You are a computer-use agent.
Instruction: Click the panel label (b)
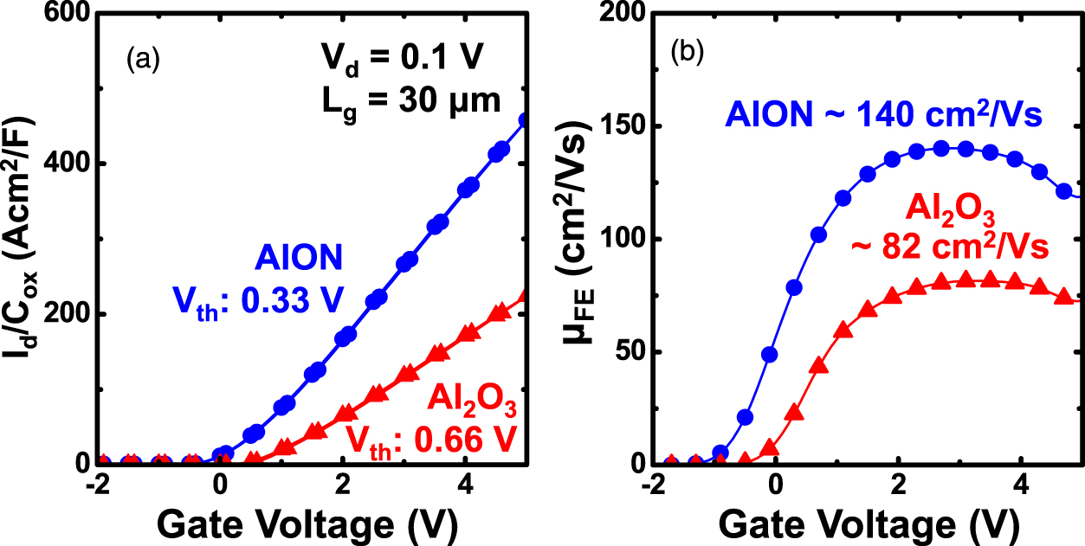(689, 53)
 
